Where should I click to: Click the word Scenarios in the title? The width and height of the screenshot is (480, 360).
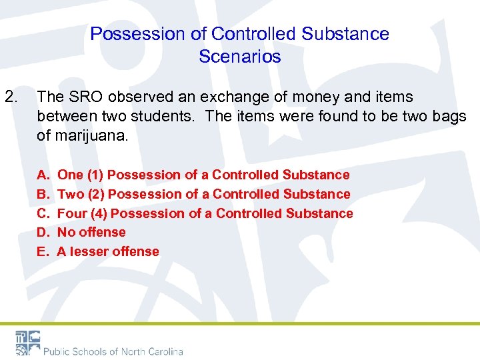[x=240, y=57]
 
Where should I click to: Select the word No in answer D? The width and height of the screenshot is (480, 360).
[x=66, y=232]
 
